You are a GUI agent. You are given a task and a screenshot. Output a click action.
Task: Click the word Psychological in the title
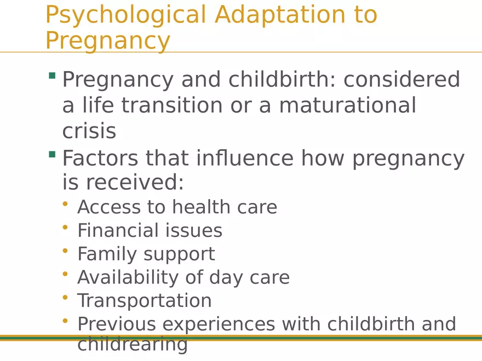[125, 15]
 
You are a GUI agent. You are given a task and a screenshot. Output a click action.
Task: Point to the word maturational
[347, 105]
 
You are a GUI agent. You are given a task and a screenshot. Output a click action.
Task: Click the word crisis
[89, 131]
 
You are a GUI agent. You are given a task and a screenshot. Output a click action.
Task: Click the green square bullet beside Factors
[52, 155]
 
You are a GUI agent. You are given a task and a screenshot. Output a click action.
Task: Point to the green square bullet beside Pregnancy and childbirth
[52, 75]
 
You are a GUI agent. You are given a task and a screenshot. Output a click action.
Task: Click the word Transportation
[144, 301]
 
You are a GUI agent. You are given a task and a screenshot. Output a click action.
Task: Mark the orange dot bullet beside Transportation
[65, 297]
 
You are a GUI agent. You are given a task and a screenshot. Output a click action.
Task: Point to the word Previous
[117, 324]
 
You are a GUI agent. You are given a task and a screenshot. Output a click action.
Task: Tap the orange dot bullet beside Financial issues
[65, 226]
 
